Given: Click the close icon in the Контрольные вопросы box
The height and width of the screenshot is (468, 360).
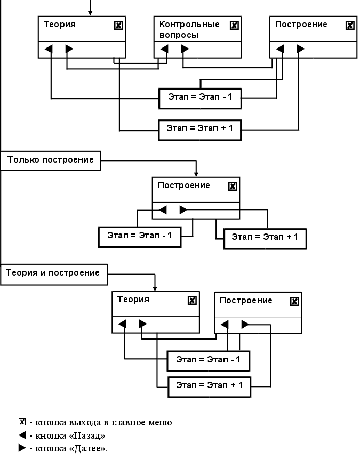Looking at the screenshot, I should [x=234, y=25].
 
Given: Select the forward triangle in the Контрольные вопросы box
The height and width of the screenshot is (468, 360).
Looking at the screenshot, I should [x=185, y=49].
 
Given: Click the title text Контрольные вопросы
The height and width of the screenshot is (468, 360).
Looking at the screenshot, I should [x=182, y=30].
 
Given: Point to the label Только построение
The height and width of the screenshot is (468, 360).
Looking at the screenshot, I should [x=51, y=160].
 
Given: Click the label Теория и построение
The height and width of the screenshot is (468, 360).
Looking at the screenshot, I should [x=53, y=273].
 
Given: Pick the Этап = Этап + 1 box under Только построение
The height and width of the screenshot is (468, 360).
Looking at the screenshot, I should [x=265, y=237].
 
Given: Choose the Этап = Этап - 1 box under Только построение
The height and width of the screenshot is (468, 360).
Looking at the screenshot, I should [x=140, y=236].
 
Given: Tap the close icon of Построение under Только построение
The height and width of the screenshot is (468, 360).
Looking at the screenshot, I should [x=232, y=186].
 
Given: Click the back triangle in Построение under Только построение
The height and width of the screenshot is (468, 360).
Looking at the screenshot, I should [x=163, y=210].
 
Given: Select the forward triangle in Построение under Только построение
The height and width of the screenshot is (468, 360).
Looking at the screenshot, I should [x=183, y=210].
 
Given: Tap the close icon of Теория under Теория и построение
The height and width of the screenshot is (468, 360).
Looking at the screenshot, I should [x=192, y=300].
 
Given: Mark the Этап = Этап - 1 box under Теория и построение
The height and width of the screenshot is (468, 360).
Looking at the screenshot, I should [x=208, y=360].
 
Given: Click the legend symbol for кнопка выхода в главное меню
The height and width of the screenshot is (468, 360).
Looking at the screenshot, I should [x=22, y=422].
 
